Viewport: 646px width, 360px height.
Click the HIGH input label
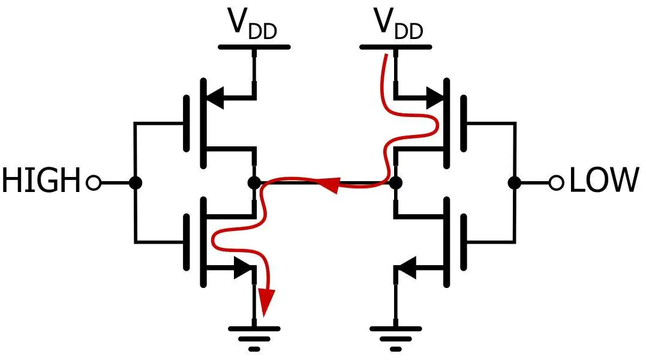pyautogui.click(x=41, y=180)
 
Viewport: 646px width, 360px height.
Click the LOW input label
pyautogui.click(x=604, y=180)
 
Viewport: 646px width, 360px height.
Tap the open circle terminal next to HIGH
pyautogui.click(x=94, y=182)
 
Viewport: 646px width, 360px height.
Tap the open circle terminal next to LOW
pyautogui.click(x=557, y=182)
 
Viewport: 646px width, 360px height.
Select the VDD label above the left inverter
pyautogui.click(x=253, y=25)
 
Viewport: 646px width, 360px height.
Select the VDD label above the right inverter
pyautogui.click(x=398, y=25)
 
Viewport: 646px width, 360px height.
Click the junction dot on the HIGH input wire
pyautogui.click(x=135, y=182)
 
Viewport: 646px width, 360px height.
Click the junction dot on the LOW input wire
pyautogui.click(x=514, y=182)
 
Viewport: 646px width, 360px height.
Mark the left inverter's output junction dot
pyautogui.click(x=254, y=182)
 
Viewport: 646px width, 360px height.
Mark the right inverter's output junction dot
pyautogui.click(x=395, y=182)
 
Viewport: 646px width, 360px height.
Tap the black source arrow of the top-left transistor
pyautogui.click(x=215, y=98)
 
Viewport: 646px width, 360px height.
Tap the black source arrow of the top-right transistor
pyautogui.click(x=435, y=98)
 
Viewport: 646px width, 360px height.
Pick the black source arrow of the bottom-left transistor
pyautogui.click(x=243, y=268)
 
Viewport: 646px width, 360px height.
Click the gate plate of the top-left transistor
pyautogui.click(x=187, y=123)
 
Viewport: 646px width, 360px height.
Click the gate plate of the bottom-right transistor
pyautogui.click(x=464, y=242)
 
